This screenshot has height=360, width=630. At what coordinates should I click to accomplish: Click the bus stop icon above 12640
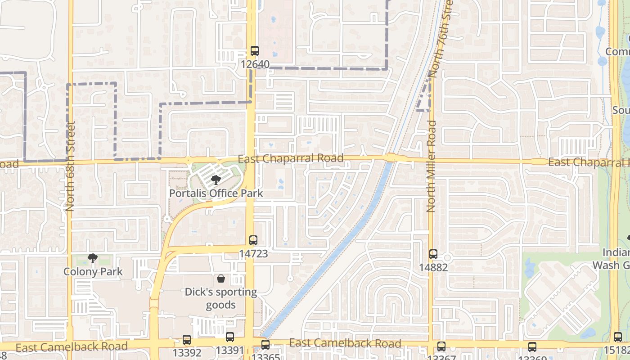pos(255,51)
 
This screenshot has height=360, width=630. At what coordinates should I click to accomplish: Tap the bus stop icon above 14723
pos(253,240)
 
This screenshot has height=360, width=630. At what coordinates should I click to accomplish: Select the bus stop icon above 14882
pos(433,254)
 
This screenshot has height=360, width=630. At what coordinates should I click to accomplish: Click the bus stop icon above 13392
pos(187,340)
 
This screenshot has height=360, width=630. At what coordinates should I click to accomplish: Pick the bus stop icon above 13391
pos(230,337)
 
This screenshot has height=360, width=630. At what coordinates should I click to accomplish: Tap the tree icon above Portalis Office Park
pos(216,180)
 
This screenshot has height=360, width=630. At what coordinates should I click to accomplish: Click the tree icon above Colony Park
pos(93,258)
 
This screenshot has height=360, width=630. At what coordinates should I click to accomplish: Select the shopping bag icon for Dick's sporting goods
pos(221,279)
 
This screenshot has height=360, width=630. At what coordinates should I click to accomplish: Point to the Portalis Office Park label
pos(216,193)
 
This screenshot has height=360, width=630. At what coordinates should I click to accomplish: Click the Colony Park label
pos(93,272)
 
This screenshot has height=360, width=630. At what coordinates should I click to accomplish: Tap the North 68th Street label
pos(70,166)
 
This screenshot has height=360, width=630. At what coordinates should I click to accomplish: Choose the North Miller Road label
pos(432,166)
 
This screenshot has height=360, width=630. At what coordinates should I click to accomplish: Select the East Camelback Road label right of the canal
pos(345,343)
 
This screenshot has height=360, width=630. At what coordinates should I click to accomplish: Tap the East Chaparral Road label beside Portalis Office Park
pos(291,158)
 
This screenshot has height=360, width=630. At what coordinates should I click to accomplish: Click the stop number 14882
pos(433,267)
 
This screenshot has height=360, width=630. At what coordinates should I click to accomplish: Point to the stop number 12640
pos(255,64)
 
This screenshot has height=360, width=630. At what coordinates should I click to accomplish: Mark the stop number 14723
pos(253,254)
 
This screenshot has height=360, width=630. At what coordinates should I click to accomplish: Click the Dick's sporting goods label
pos(221,298)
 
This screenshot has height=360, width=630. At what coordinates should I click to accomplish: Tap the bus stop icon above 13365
pos(265,345)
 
